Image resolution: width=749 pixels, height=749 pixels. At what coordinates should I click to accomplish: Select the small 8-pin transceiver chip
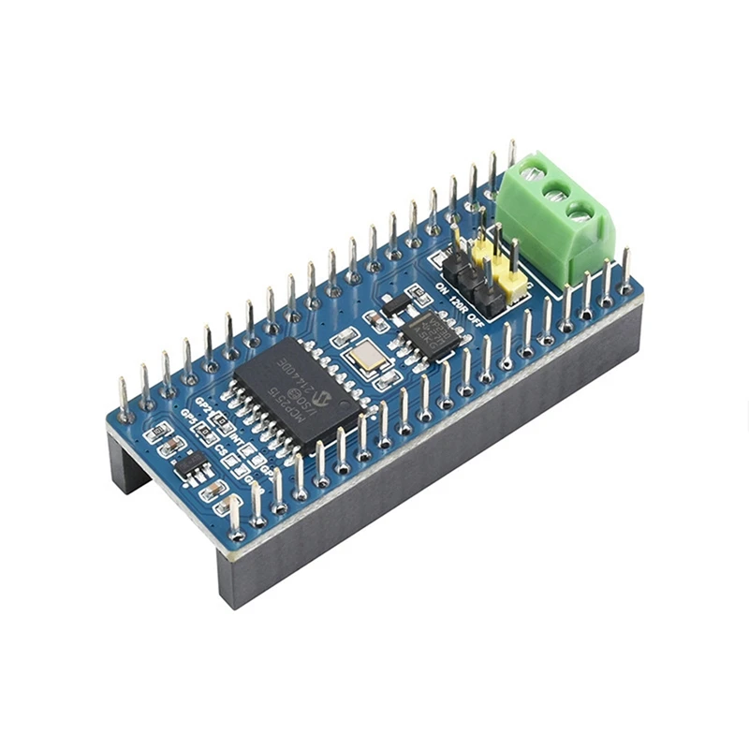pos(432,334)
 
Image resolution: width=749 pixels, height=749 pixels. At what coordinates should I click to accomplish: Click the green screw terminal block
pos(554,217)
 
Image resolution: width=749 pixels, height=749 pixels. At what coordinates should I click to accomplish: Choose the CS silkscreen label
pos(222,450)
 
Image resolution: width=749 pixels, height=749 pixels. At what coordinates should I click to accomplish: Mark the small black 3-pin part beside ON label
pos(397,304)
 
